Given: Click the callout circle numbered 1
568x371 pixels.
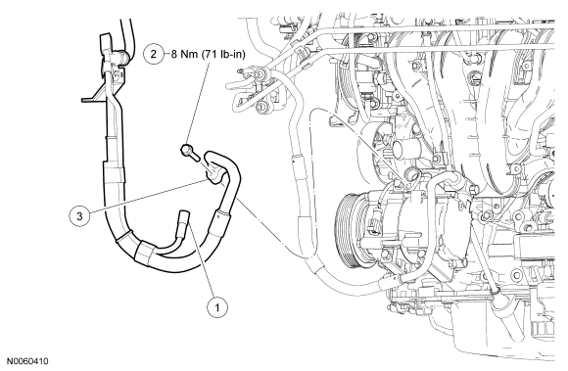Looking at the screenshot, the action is click(217, 307).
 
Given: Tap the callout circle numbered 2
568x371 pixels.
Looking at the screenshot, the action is click(154, 54).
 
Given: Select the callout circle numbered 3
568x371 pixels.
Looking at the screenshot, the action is click(79, 215).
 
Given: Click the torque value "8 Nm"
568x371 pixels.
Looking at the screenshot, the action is click(183, 54).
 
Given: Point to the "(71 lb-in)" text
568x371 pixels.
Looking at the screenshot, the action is click(222, 54).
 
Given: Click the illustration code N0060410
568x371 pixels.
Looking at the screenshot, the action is click(27, 361).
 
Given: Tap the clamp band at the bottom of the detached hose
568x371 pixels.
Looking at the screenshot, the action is click(145, 252).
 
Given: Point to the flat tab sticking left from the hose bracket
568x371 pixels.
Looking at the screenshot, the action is click(89, 99).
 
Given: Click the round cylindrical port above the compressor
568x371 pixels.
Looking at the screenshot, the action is click(402, 148).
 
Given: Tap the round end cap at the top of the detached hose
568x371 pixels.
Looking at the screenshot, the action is click(123, 57).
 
